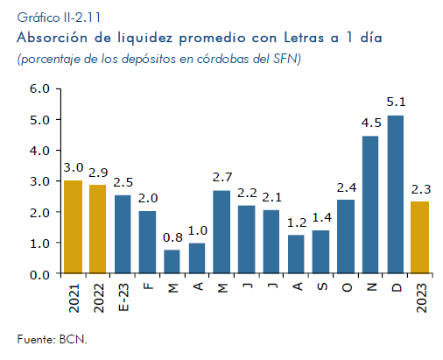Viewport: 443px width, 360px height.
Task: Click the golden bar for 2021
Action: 73,227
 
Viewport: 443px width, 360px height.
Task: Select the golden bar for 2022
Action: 97,229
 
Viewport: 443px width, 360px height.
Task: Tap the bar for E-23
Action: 123,235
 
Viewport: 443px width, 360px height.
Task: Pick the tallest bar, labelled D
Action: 396,194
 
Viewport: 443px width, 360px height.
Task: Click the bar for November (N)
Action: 370,205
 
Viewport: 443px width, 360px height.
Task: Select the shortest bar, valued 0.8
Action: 172,262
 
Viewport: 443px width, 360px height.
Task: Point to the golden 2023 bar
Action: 419,237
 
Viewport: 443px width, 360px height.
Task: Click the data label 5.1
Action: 396,102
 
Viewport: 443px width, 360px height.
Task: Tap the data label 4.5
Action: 371,123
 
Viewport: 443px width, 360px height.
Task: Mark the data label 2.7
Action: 222,177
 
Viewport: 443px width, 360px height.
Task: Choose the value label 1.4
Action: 322,217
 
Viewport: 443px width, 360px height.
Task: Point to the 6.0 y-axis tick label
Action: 39,88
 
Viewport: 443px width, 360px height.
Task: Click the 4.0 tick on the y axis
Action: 39,151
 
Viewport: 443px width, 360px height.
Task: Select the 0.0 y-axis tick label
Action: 39,275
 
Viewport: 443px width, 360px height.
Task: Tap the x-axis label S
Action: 322,286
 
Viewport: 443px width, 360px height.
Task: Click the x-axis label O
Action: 347,287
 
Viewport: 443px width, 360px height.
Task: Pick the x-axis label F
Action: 148,286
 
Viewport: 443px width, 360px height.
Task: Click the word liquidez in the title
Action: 144,39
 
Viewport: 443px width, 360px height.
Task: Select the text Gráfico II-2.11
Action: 59,18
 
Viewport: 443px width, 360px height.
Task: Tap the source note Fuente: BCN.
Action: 53,339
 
